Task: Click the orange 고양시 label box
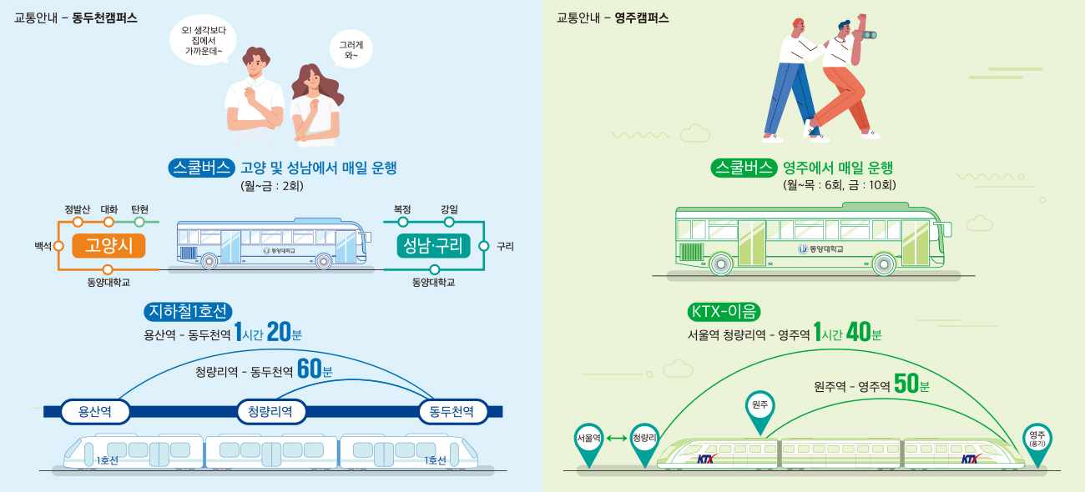[x=108, y=245]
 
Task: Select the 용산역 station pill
[x=94, y=411]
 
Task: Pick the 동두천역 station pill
[x=452, y=411]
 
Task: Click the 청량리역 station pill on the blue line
[x=270, y=411]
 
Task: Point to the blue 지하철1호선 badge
[x=186, y=312]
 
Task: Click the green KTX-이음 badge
[x=724, y=312]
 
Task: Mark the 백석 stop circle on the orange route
[x=59, y=245]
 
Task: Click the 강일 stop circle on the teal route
[x=449, y=222]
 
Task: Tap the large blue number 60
[x=310, y=369]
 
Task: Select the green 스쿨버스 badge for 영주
[x=744, y=168]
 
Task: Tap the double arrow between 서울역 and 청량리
[x=617, y=438]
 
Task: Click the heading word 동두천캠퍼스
[x=105, y=18]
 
